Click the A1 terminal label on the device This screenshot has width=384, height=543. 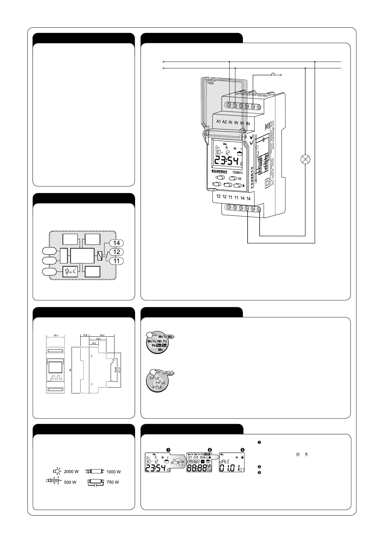[218, 122]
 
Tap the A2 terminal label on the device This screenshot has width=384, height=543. [224, 122]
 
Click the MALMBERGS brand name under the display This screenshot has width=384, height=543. [219, 172]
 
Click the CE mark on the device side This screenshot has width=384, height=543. [251, 141]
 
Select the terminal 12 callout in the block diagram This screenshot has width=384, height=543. [116, 252]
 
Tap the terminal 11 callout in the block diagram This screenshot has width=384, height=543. [116, 261]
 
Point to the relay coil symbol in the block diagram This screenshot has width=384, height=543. [100, 256]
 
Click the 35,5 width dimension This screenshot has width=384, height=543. [56, 336]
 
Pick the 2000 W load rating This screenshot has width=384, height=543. [71, 471]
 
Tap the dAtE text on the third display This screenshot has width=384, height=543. [225, 462]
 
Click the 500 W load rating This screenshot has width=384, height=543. [70, 482]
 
